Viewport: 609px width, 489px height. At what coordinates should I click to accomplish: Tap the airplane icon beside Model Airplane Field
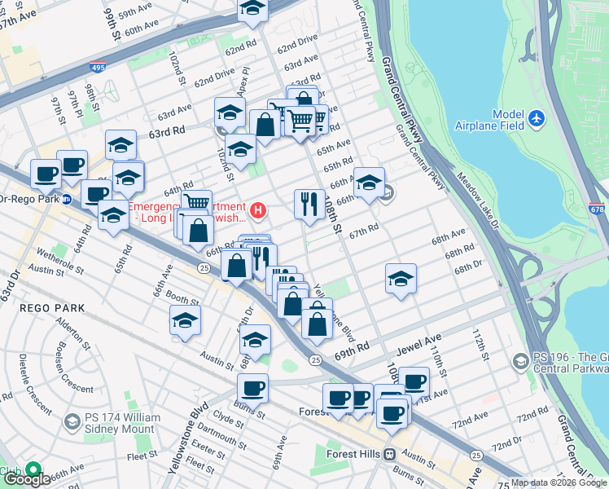coord(536,119)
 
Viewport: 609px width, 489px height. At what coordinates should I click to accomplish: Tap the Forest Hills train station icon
coord(390,454)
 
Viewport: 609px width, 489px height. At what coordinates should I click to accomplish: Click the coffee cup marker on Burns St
coord(252,390)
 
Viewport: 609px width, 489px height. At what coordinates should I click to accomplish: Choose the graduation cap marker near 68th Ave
coord(401,279)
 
